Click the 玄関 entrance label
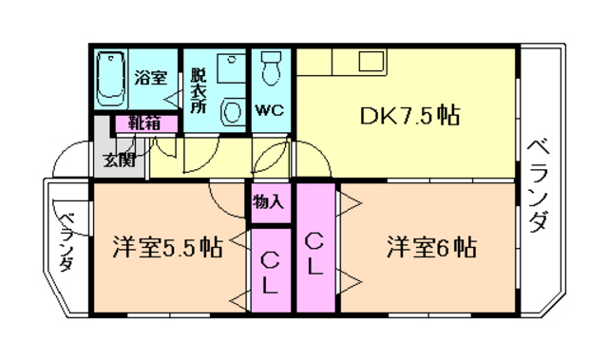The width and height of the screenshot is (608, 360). [120, 159]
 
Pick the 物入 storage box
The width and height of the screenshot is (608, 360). [269, 202]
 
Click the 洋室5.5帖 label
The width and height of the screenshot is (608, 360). [167, 249]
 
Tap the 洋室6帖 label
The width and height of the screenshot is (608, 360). [431, 249]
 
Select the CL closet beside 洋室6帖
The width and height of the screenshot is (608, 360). [316, 249]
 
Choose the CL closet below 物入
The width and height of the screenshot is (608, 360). [270, 272]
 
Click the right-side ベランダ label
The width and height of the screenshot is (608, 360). [540, 186]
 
